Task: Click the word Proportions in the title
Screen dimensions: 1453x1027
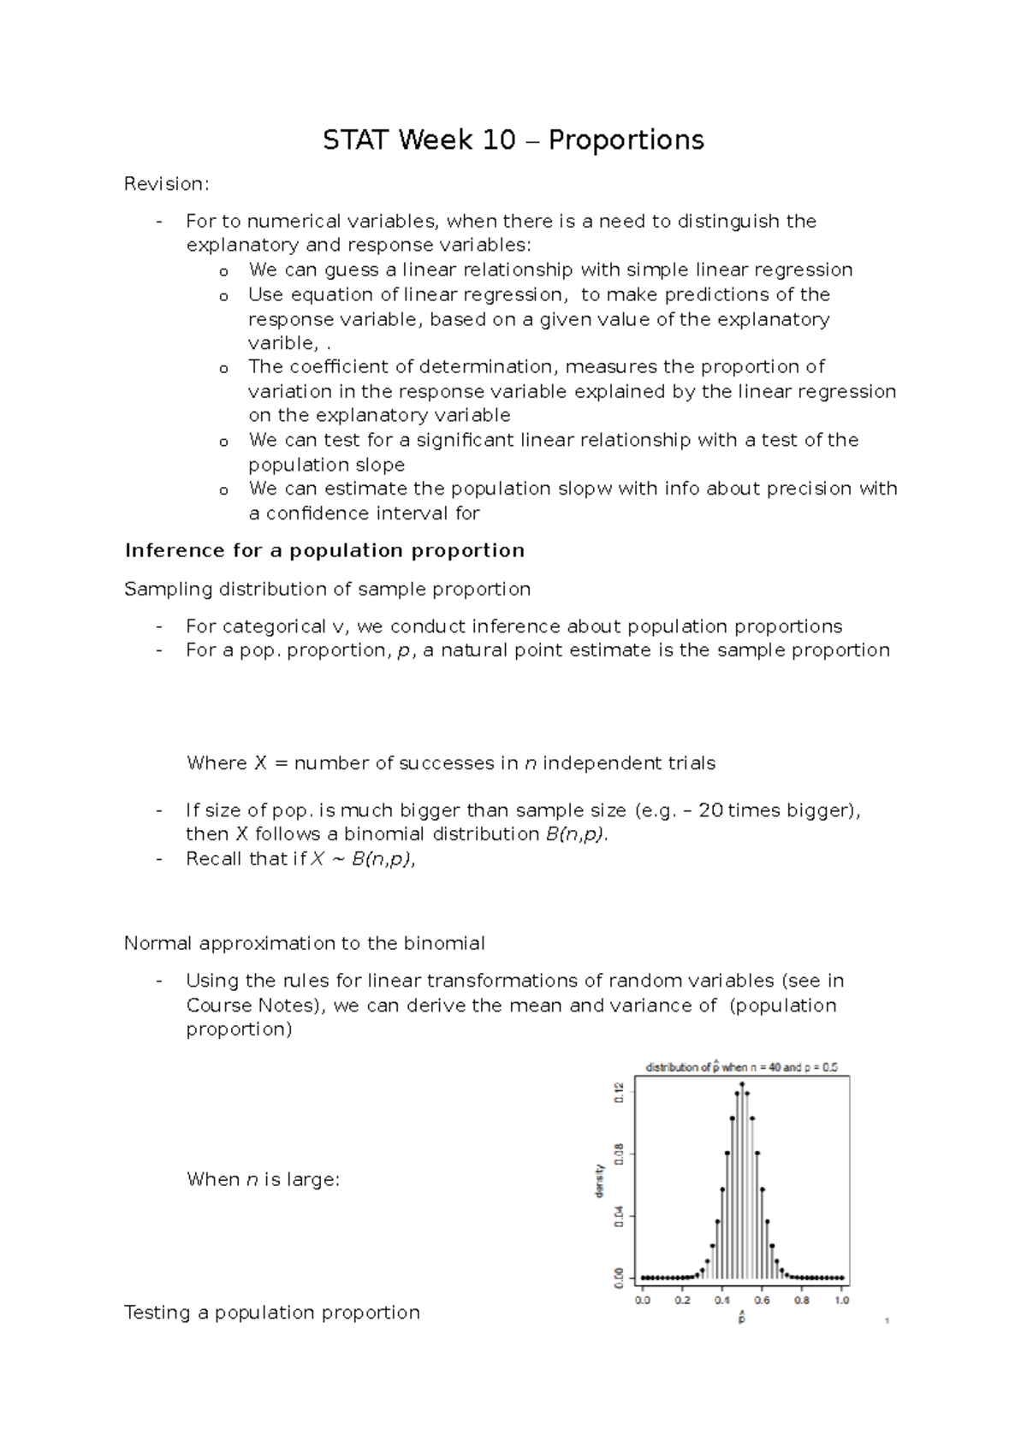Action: click(x=626, y=139)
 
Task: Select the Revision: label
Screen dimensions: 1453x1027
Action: click(x=166, y=184)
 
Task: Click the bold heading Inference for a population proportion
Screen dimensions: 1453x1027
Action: click(x=324, y=550)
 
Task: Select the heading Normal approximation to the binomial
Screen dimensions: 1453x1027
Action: click(x=304, y=943)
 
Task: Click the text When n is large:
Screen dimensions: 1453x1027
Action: click(x=263, y=1179)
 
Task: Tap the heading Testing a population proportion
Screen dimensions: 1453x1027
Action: click(x=271, y=1312)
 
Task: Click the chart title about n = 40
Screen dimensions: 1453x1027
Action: click(x=741, y=1067)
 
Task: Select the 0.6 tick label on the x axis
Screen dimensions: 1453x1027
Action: click(x=762, y=1301)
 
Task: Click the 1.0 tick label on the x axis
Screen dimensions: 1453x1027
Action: click(x=841, y=1301)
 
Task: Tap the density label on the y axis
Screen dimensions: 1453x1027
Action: click(x=601, y=1181)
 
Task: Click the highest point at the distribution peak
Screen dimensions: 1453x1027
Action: click(x=742, y=1084)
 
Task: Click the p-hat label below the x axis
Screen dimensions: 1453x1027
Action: click(x=742, y=1317)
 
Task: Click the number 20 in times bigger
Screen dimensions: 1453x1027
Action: click(x=710, y=810)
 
